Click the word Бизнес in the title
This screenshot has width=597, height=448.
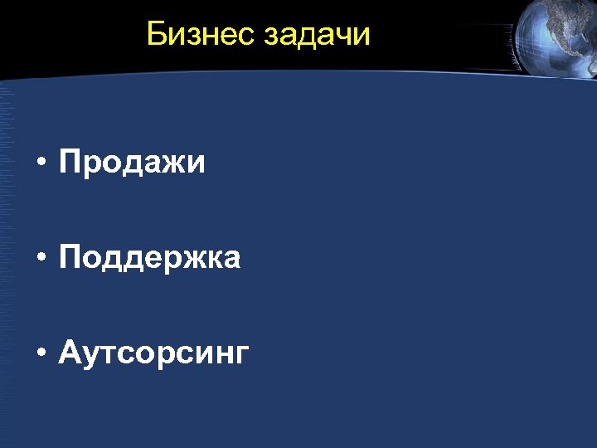coord(201,35)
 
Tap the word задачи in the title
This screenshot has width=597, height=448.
coord(318,36)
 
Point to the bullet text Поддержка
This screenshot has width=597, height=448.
coord(150,260)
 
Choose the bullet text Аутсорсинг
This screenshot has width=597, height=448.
coord(154,354)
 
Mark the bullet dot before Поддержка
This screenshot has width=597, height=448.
coord(40,260)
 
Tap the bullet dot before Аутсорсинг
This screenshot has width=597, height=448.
coord(40,355)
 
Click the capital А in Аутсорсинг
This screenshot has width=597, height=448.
coord(70,353)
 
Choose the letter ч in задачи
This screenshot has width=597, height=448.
coord(343,37)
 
